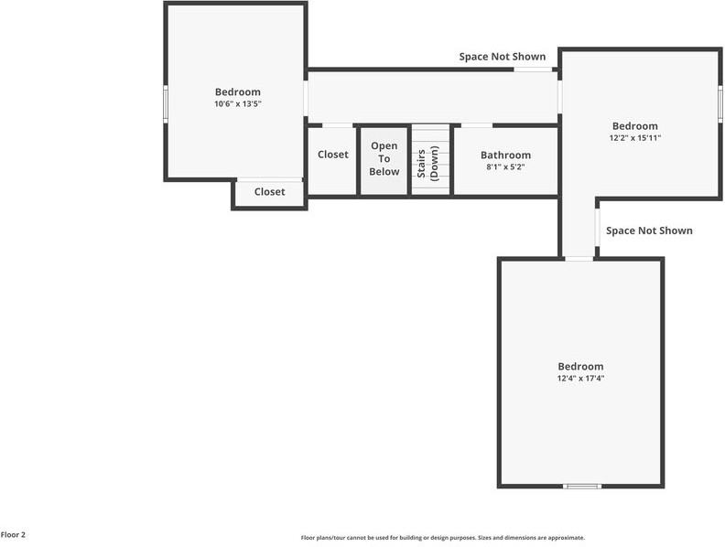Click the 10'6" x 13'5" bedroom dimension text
coord(238,104)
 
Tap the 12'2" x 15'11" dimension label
coord(635,138)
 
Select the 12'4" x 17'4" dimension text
coord(580,379)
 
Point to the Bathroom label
coord(505,156)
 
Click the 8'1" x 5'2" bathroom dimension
coord(505,166)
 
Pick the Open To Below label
coord(384,159)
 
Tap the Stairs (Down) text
coord(427,163)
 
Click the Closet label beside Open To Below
coord(333,155)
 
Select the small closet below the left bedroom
coord(269,192)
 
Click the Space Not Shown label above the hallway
coord(503,57)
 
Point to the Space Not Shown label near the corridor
coord(649,231)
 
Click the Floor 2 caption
coord(13,535)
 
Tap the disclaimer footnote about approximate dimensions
coord(443,538)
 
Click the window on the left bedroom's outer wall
coord(166,104)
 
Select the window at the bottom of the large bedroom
coord(582,486)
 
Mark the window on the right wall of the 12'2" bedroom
coord(720,104)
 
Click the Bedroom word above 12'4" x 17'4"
coord(580,367)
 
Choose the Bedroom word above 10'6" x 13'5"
coord(238,92)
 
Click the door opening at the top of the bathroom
coord(477,125)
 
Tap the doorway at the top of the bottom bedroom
coord(579,259)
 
